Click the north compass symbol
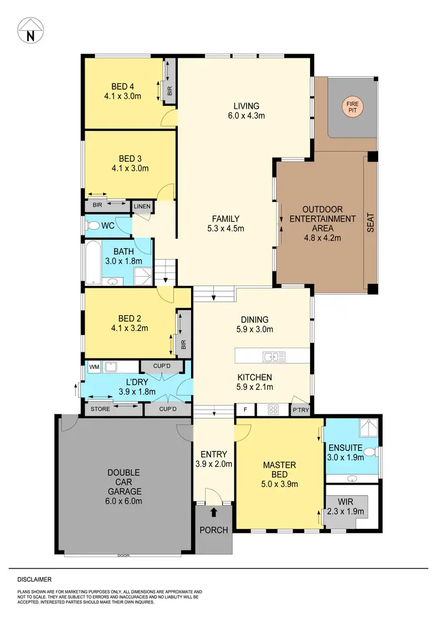pos(30,30)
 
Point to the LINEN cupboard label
pos(142,207)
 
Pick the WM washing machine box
pos(93,367)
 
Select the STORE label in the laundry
pos(100,409)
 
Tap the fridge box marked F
pos(245,409)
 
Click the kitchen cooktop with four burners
pos(272,409)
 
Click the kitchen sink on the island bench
pos(273,356)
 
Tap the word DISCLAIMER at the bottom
pos(34,580)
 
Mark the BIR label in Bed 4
pos(170,91)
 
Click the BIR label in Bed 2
pos(184,345)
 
